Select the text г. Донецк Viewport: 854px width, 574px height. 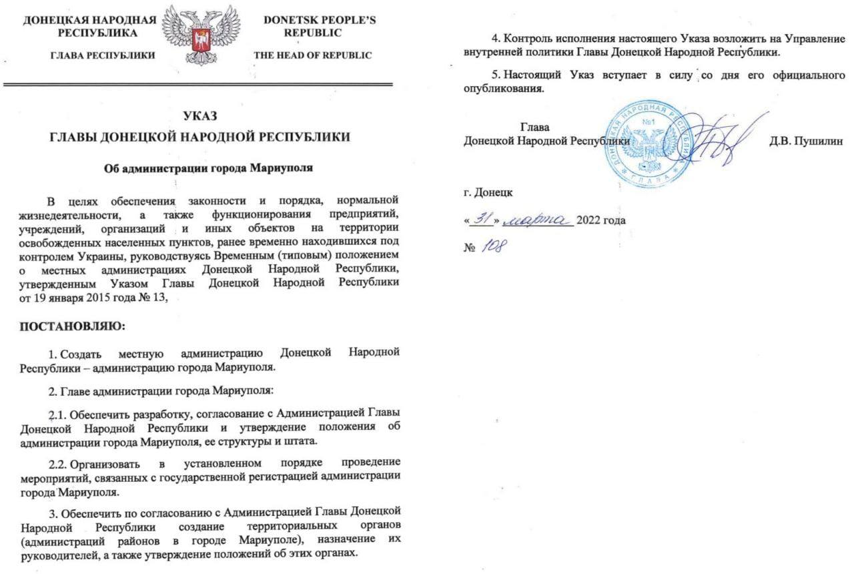pyautogui.click(x=488, y=192)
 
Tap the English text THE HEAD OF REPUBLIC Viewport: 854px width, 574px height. pyautogui.click(x=313, y=55)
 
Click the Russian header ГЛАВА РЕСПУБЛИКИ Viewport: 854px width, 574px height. pyautogui.click(x=103, y=55)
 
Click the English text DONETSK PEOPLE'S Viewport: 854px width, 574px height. pyautogui.click(x=320, y=20)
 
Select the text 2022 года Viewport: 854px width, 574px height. pyautogui.click(x=600, y=220)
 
